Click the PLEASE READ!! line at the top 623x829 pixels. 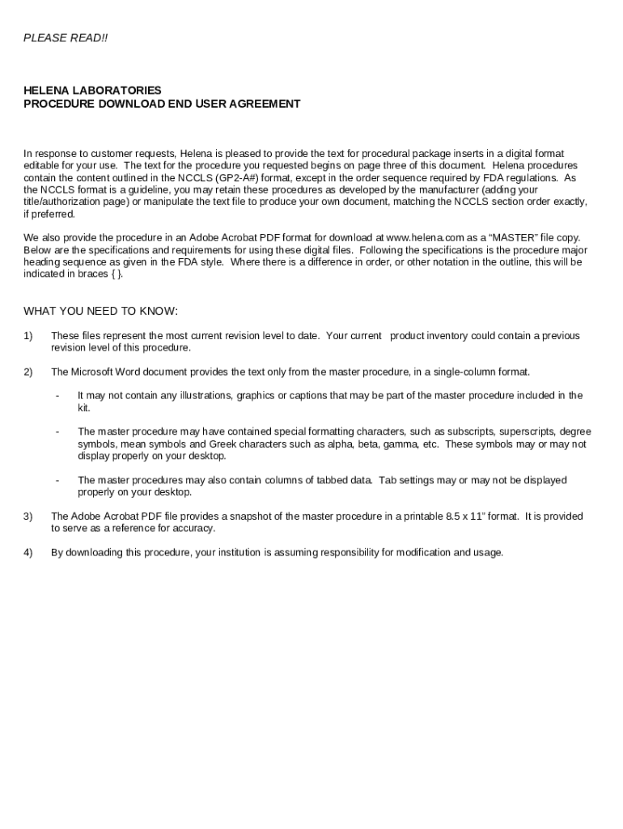pyautogui.click(x=66, y=38)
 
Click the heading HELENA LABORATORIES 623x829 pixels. pyautogui.click(x=92, y=91)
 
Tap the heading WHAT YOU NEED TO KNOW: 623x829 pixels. pyautogui.click(x=100, y=312)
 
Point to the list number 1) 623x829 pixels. pyautogui.click(x=28, y=336)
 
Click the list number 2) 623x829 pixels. pyautogui.click(x=28, y=372)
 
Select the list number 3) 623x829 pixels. pyautogui.click(x=28, y=517)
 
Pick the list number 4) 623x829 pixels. pyautogui.click(x=28, y=553)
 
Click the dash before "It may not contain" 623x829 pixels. pyautogui.click(x=57, y=396)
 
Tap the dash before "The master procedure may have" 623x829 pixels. pyautogui.click(x=57, y=432)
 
